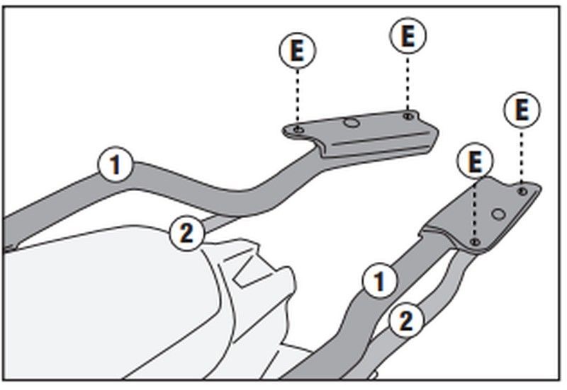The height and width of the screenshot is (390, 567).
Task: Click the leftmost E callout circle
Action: (297, 50)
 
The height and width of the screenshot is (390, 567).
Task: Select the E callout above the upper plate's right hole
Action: (408, 37)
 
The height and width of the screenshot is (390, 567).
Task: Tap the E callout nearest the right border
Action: (522, 110)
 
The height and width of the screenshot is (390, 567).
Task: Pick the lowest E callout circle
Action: (475, 161)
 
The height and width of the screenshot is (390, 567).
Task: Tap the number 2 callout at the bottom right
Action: (405, 321)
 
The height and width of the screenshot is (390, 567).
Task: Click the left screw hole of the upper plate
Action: (298, 129)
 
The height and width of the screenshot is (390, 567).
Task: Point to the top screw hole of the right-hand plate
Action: (522, 190)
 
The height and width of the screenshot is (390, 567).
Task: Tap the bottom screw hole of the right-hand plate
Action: (475, 243)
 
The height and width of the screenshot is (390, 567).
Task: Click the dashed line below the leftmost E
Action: (298, 96)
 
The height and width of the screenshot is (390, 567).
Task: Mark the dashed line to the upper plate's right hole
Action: (408, 81)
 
